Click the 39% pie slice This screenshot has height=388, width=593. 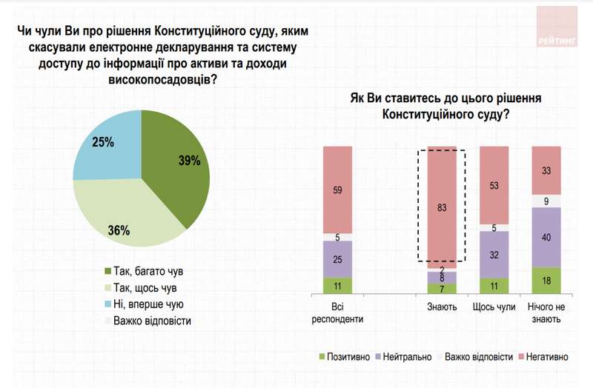175,163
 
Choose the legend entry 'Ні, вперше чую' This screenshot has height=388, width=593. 142,304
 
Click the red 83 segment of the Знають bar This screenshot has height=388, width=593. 442,207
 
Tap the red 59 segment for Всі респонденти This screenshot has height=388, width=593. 337,190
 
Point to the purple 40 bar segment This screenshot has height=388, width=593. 546,237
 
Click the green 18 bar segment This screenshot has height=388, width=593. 546,281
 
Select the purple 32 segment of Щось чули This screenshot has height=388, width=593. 494,254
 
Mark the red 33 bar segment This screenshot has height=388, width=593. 546,170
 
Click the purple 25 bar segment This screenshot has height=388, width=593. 337,259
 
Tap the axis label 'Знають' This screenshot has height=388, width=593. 442,307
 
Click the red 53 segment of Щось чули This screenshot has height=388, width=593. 494,185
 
